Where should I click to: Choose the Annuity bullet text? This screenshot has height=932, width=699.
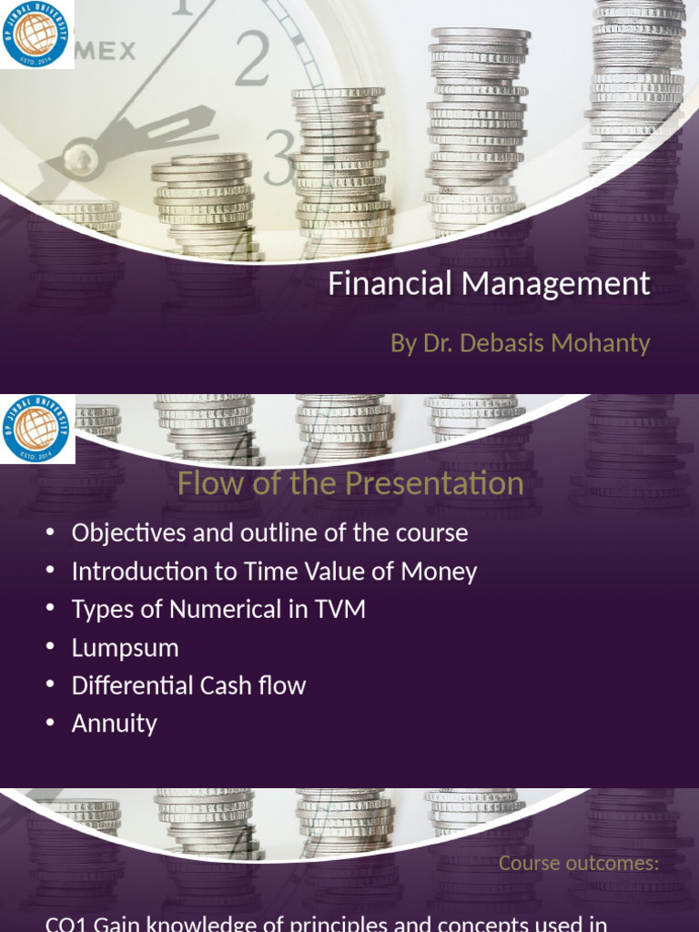pyautogui.click(x=115, y=724)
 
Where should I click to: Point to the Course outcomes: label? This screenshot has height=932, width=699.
pyautogui.click(x=579, y=863)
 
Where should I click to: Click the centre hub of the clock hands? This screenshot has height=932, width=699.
pyautogui.click(x=82, y=161)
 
